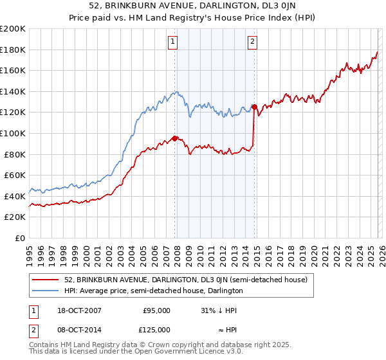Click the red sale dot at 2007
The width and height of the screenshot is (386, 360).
click(175, 138)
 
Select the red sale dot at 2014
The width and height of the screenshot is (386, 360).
click(254, 107)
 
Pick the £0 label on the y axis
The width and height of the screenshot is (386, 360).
click(20, 238)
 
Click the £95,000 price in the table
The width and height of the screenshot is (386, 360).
click(156, 310)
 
